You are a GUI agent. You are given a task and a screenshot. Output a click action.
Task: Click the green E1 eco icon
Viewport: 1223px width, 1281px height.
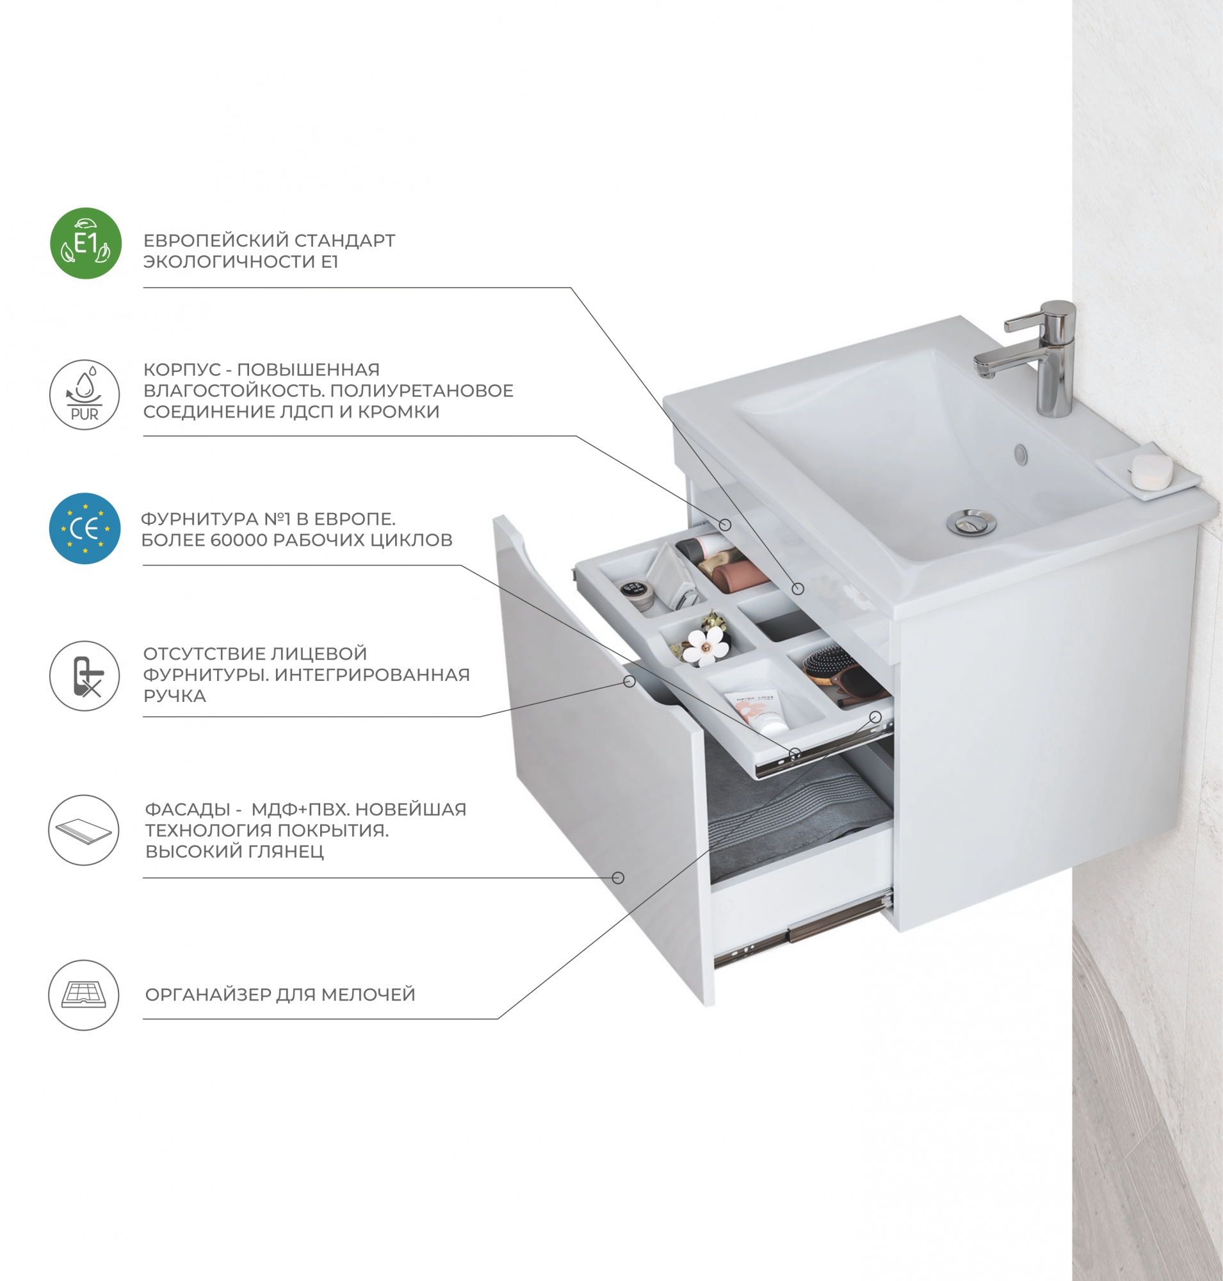pos(86,243)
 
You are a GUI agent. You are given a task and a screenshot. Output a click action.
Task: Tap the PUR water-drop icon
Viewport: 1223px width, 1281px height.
pos(85,395)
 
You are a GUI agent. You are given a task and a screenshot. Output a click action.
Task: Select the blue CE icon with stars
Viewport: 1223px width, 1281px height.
pos(85,528)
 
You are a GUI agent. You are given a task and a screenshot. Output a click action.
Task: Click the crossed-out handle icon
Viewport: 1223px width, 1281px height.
pos(85,676)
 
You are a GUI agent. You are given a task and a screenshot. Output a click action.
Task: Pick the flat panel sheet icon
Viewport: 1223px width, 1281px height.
pos(84,830)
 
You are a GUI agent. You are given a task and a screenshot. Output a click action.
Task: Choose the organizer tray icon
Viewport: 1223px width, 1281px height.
pos(84,995)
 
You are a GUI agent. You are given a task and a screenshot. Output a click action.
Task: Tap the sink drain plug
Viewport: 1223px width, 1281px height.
pos(971,523)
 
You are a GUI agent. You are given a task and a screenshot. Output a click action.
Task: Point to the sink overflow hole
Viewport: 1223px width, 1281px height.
pos(1020,453)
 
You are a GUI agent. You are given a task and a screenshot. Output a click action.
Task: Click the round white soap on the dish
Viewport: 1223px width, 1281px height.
pos(1151,471)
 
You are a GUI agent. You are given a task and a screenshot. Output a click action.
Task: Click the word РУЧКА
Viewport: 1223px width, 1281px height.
pos(175,696)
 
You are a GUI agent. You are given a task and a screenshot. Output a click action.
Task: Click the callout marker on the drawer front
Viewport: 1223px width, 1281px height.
pos(619,878)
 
